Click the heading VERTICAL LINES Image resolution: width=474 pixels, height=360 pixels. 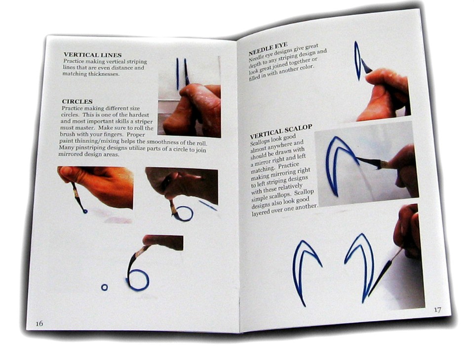click(92, 55)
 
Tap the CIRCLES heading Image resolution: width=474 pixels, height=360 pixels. click(77, 101)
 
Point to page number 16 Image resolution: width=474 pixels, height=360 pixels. click(39, 323)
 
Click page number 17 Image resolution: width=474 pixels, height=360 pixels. click(437, 310)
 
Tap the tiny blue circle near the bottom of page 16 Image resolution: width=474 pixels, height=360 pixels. click(104, 287)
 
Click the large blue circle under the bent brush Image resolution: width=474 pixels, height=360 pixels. click(138, 280)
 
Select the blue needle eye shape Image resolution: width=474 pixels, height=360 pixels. click(357, 61)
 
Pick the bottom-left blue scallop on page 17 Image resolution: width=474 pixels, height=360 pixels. click(303, 269)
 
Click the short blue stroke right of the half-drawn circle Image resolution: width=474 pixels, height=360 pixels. click(208, 205)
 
